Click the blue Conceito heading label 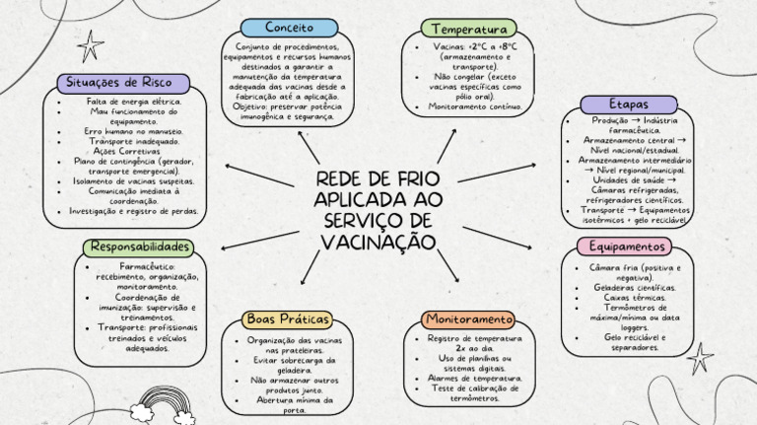pyautogui.click(x=289, y=28)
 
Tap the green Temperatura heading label pyautogui.click(x=469, y=29)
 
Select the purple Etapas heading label pyautogui.click(x=629, y=104)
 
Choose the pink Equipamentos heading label pyautogui.click(x=628, y=246)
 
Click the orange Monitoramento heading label pyautogui.click(x=469, y=319)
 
